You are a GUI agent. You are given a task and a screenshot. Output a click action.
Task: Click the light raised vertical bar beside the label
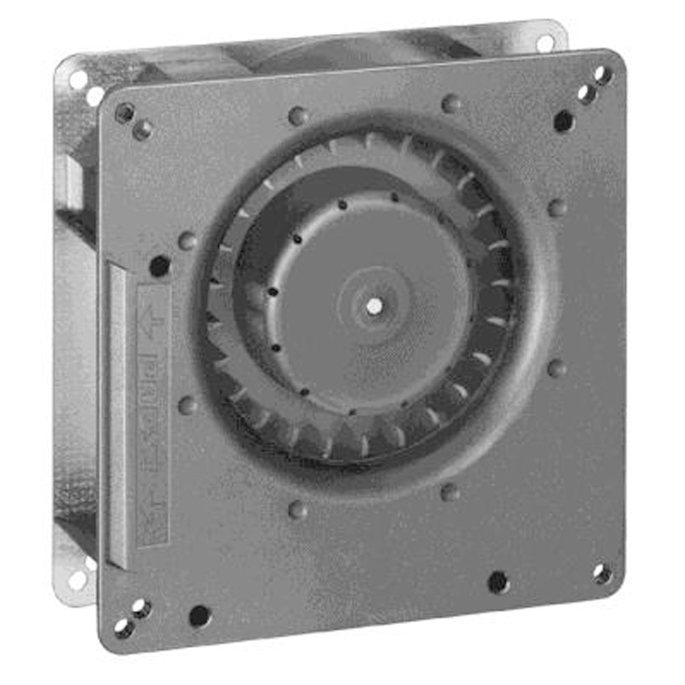point(118,411)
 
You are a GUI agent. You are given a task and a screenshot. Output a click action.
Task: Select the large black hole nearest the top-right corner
point(563,121)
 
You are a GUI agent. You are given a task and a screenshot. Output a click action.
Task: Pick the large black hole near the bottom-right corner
point(498,582)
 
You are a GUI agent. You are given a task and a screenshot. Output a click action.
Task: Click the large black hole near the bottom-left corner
point(199,615)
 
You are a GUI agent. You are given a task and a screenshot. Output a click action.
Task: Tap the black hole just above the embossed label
point(160,266)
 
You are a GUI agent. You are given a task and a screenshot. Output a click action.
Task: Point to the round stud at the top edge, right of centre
point(451,103)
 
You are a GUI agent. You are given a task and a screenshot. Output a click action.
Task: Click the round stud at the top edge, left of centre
point(298,116)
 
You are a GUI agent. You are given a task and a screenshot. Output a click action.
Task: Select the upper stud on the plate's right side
point(558,207)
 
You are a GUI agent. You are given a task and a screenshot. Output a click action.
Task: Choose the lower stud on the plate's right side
point(557,368)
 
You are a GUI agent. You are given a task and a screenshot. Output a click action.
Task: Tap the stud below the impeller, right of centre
point(450,491)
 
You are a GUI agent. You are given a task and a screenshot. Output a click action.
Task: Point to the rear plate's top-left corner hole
point(77,80)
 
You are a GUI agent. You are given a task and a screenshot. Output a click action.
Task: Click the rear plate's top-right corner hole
point(545,43)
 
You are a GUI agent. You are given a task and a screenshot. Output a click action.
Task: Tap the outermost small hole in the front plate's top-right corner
point(603,75)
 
